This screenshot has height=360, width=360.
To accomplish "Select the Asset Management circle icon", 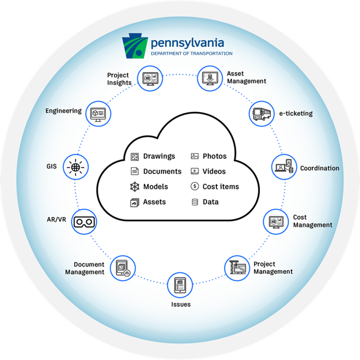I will click(x=209, y=78).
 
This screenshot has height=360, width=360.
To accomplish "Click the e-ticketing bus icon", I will click(x=261, y=113).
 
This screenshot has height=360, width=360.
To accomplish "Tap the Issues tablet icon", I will click(x=180, y=285).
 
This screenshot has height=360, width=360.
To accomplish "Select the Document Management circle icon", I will click(x=124, y=267).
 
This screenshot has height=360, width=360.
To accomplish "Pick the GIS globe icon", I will click(x=76, y=166).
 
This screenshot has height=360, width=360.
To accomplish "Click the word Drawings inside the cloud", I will click(x=159, y=156).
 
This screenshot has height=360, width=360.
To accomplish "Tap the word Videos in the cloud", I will click(x=214, y=171).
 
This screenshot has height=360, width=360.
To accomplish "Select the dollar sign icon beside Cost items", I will click(x=195, y=187).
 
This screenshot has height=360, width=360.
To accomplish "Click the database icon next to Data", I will click(x=195, y=202).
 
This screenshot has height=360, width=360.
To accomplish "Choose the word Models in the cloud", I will click(x=155, y=187).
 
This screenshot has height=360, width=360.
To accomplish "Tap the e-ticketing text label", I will click(x=296, y=113).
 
